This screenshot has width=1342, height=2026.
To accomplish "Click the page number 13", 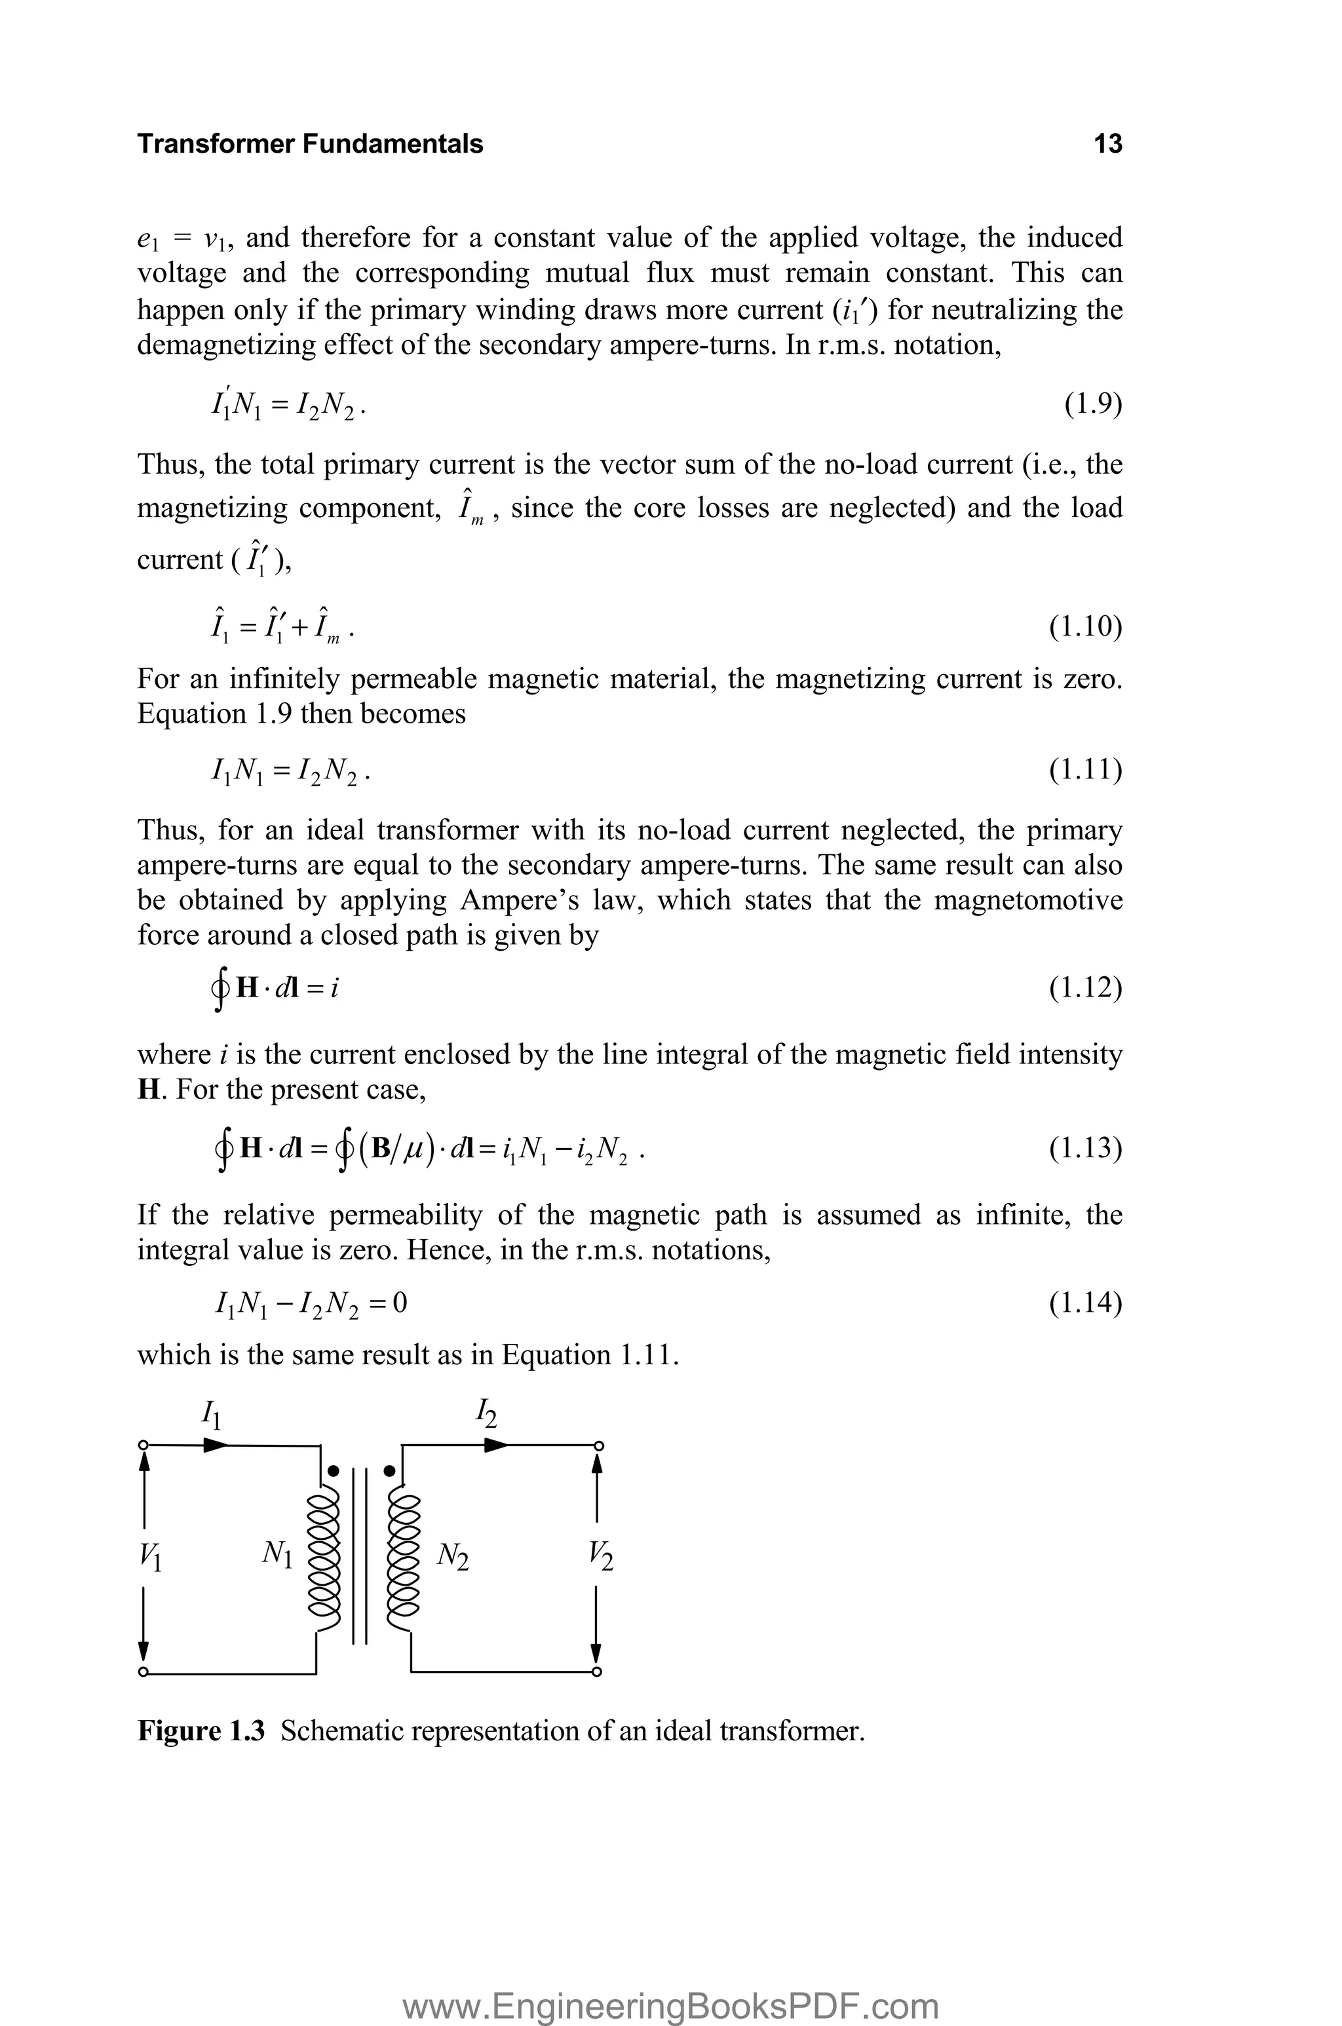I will tap(1107, 143).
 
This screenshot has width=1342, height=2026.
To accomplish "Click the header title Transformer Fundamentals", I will tap(310, 143).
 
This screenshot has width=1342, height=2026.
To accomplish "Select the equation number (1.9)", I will tap(1093, 403).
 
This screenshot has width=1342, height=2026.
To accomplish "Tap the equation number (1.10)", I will tap(1085, 627).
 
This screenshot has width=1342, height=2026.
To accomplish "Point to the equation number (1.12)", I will tap(1085, 988).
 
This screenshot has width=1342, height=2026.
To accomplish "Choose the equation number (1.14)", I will tap(1085, 1303).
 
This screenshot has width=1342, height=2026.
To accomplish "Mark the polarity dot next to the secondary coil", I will tap(391, 1472).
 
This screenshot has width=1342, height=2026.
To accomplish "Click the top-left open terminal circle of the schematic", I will tap(144, 1446).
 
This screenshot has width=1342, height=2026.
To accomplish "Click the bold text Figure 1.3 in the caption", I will tap(202, 1731).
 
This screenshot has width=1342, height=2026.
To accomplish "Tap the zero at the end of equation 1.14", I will tap(400, 1303).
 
